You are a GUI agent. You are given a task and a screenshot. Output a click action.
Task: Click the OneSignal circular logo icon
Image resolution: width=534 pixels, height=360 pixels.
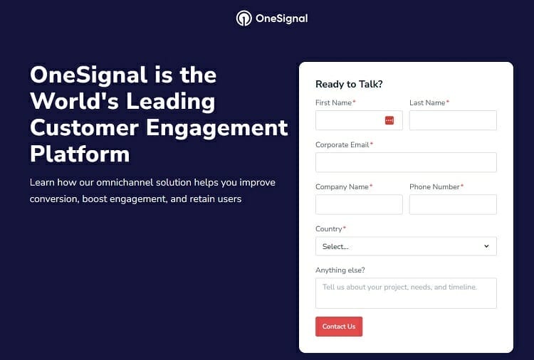[x=244, y=18]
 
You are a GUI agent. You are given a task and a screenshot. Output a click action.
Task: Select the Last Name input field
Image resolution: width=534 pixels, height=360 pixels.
[x=453, y=120]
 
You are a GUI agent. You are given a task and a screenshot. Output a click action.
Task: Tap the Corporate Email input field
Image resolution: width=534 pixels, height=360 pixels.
[x=406, y=162]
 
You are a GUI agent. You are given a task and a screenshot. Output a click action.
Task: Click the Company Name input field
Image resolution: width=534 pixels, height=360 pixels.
[x=359, y=204]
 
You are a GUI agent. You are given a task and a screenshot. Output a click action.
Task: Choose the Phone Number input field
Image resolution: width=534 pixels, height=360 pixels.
[x=453, y=204]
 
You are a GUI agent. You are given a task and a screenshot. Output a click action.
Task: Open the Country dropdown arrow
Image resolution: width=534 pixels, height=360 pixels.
[x=486, y=246]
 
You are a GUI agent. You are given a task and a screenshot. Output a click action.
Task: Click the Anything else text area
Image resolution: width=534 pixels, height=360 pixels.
[x=406, y=293]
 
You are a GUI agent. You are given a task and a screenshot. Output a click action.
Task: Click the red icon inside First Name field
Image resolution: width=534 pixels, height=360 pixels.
[x=389, y=120]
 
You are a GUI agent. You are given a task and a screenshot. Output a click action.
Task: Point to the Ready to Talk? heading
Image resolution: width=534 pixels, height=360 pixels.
[x=349, y=84]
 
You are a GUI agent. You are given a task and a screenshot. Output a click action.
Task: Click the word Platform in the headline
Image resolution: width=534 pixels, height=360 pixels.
[x=80, y=154]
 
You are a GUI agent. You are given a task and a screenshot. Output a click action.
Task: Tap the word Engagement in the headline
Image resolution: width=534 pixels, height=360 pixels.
[x=217, y=128]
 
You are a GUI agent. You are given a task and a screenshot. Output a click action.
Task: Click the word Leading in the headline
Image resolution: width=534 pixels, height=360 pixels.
[x=171, y=102]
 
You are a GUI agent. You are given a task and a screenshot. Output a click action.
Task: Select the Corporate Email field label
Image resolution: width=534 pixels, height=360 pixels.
[x=342, y=144]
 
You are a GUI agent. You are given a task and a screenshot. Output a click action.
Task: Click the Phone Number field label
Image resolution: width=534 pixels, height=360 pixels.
[x=434, y=187]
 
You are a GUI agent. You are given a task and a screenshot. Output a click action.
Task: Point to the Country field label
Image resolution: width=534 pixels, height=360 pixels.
[x=329, y=228]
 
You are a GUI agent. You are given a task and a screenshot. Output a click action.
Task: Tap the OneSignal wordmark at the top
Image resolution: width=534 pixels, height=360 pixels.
[x=282, y=18]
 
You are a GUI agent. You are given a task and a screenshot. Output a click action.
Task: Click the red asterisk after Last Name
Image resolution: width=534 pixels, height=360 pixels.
[x=448, y=102]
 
